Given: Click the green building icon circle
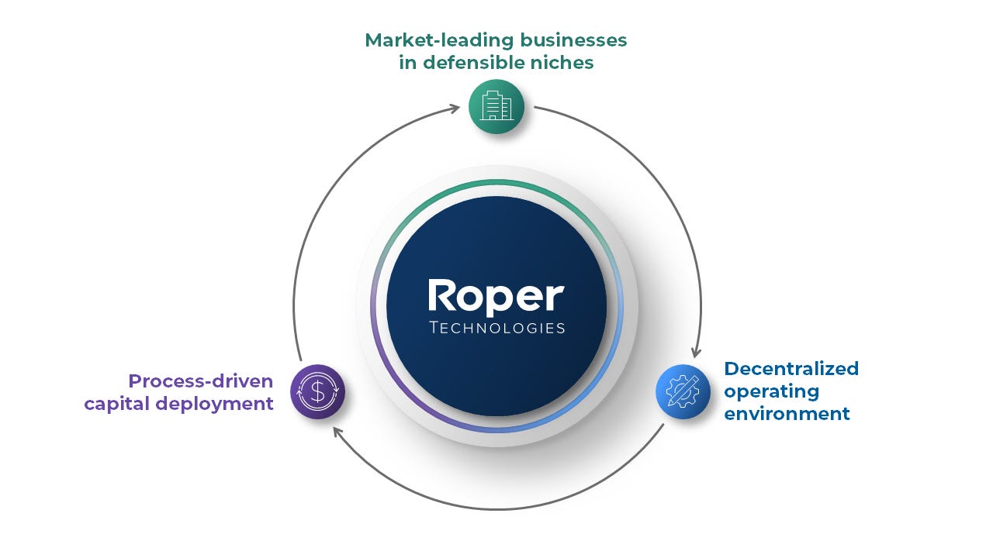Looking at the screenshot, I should point(496,107).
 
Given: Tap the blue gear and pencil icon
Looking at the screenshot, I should point(683,391).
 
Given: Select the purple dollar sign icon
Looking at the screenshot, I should point(317,391).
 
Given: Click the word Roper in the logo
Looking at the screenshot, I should point(496,298).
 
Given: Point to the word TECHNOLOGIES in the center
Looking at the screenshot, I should point(496,328).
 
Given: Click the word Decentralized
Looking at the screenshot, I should point(791,368).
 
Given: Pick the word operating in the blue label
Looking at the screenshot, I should point(760,391).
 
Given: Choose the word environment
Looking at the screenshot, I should point(787,414).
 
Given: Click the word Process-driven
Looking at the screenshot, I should point(201,381).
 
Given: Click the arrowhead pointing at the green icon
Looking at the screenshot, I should point(455,109).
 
